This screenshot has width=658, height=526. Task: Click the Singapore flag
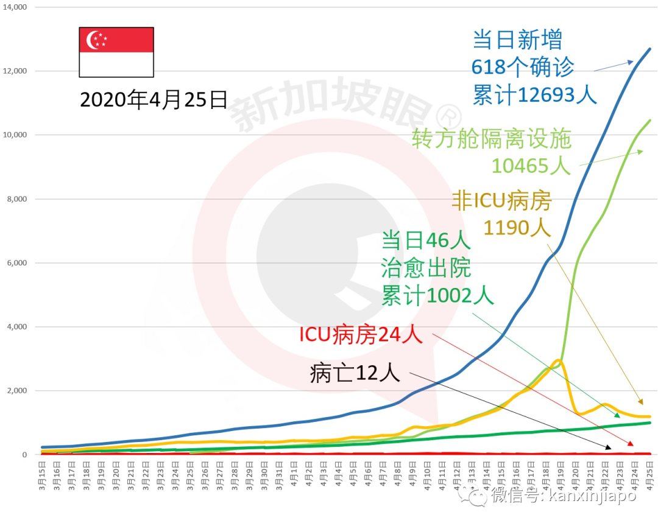[x=116, y=52]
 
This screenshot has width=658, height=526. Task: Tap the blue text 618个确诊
[x=523, y=68]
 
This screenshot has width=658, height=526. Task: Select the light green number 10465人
[x=530, y=165]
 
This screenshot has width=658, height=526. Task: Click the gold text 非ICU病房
[x=501, y=200]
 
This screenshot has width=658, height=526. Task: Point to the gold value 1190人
[x=517, y=227]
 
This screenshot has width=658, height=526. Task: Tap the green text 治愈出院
[x=426, y=268]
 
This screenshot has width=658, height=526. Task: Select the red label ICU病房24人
[x=361, y=334]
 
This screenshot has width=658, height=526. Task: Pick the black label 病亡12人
[x=355, y=373]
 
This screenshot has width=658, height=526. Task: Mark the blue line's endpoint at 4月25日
[x=649, y=49]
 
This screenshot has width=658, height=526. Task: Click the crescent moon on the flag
[x=94, y=40]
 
